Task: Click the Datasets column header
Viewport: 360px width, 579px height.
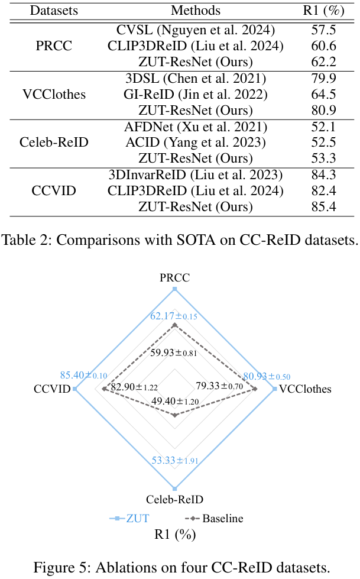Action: tap(54, 10)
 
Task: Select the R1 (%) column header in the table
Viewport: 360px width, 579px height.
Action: tap(323, 10)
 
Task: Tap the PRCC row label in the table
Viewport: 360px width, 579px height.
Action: tap(54, 46)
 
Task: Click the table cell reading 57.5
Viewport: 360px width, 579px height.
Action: tap(323, 30)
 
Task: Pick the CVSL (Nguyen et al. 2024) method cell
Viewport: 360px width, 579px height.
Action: tap(196, 30)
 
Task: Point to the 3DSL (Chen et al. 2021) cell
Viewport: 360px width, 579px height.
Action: tap(196, 78)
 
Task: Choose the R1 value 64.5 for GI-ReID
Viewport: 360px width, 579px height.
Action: tap(323, 94)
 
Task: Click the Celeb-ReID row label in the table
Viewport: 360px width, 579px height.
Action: tap(54, 142)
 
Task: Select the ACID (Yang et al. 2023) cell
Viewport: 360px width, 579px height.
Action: tap(196, 142)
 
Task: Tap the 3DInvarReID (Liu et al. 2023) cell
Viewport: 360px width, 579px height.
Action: tap(196, 174)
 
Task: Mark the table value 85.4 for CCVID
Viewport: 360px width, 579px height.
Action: tap(323, 206)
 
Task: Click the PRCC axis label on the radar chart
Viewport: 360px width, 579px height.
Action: tap(174, 277)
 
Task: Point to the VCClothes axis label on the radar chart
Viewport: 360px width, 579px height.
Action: tap(305, 389)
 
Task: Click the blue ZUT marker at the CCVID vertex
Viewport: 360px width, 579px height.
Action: tap(75, 389)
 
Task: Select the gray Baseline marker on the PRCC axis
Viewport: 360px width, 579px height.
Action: tap(175, 325)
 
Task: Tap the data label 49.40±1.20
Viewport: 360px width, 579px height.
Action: tap(175, 401)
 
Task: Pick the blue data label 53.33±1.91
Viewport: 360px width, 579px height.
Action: tap(175, 460)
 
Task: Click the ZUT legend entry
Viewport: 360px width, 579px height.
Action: tap(129, 519)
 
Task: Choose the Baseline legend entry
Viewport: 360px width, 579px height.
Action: tap(214, 519)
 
